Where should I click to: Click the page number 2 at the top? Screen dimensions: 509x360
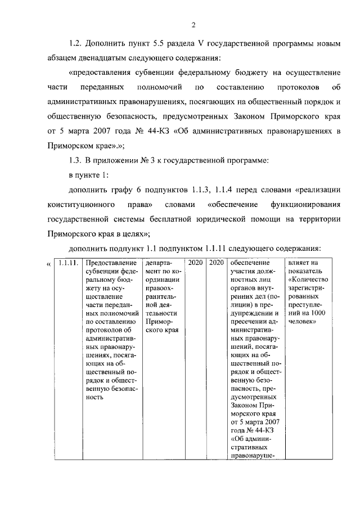click(x=192, y=25)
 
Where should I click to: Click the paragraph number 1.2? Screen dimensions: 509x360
click(x=77, y=44)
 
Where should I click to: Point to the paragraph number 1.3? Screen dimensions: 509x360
click(x=77, y=161)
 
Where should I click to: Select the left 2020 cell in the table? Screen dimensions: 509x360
click(x=195, y=263)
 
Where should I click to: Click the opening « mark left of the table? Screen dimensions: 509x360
click(x=49, y=264)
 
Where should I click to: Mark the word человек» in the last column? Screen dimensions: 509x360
click(x=303, y=321)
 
